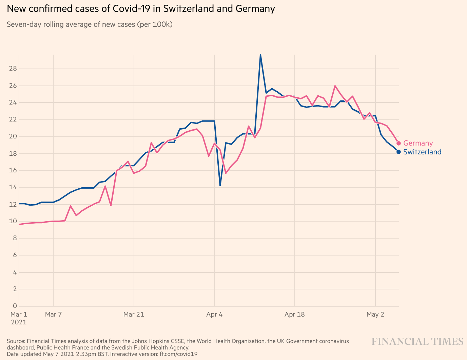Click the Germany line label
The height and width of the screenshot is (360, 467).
418,143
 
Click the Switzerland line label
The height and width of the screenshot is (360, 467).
422,152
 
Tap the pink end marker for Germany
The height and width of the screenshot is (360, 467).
398,143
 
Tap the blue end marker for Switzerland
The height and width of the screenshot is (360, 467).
398,152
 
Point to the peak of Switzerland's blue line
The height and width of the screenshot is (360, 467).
260,55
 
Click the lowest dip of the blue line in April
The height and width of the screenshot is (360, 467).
220,185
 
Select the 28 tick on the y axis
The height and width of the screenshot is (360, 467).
13,69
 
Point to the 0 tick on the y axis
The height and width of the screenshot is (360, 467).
15,306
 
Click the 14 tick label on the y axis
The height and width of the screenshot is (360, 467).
13,187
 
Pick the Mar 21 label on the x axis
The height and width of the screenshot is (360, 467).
134,314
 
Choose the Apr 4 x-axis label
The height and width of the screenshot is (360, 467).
214,314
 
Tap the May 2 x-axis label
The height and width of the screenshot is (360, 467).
375,314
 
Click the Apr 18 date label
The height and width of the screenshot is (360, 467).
294,314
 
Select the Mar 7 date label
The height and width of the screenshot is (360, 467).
53,314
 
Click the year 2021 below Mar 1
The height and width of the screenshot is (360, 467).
19,322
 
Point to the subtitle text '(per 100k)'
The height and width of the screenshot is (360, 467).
155,24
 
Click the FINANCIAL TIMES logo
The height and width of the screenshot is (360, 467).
417,341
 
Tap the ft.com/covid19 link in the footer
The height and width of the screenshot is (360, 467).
178,354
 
